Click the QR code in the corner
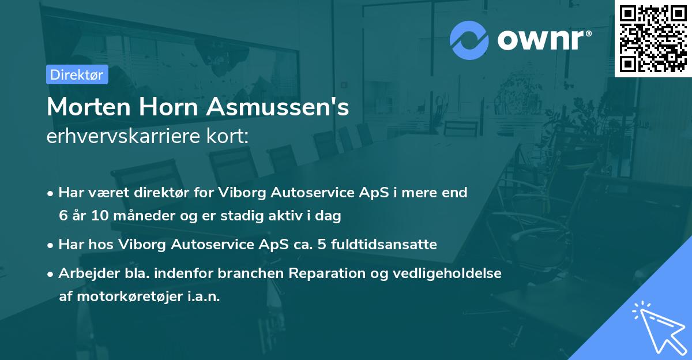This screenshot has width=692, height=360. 653,39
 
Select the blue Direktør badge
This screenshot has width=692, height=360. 77,74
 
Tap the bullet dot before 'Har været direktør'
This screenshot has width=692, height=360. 51,193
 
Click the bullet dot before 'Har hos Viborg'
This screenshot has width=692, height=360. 51,245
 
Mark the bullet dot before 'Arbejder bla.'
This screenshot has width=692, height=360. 51,274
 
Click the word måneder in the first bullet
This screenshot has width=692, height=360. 126,216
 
